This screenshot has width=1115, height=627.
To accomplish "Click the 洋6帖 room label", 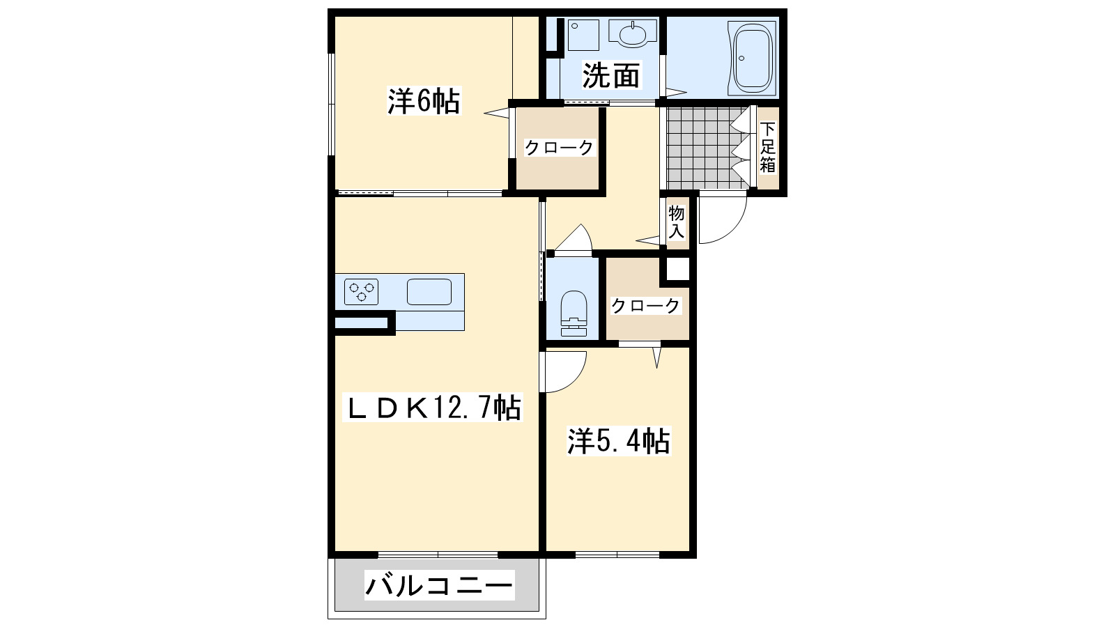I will pyautogui.click(x=424, y=102).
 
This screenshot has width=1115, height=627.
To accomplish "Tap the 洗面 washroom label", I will pyautogui.click(x=610, y=75).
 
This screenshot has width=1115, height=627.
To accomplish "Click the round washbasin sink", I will pyautogui.click(x=633, y=33).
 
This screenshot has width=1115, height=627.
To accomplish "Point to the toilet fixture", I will pyautogui.click(x=574, y=312).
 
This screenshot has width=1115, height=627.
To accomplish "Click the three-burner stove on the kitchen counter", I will pyautogui.click(x=361, y=291).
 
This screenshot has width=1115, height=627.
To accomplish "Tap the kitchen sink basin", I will pyautogui.click(x=429, y=291).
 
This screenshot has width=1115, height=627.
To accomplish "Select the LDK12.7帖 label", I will pyautogui.click(x=433, y=408).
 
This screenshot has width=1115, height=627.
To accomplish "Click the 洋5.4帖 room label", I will pyautogui.click(x=618, y=441).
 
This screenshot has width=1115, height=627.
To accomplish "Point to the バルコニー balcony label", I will pyautogui.click(x=439, y=585).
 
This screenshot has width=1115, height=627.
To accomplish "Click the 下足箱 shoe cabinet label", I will pyautogui.click(x=767, y=147).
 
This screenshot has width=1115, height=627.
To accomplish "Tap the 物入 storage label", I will pyautogui.click(x=676, y=222).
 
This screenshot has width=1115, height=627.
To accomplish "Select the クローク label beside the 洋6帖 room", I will pyautogui.click(x=558, y=148).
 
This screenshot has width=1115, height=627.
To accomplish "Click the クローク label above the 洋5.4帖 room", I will pyautogui.click(x=645, y=305).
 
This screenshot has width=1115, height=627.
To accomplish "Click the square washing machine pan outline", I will pyautogui.click(x=583, y=34).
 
